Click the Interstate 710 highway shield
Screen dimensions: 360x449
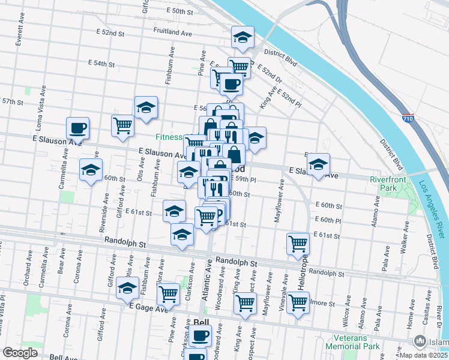(408, 118)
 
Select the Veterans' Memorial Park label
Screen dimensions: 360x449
(352, 342)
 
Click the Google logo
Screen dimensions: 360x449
(20, 353)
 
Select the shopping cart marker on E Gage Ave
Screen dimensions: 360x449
(169, 294)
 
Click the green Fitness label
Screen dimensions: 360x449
(169, 137)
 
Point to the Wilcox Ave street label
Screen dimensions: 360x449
(348, 308)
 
